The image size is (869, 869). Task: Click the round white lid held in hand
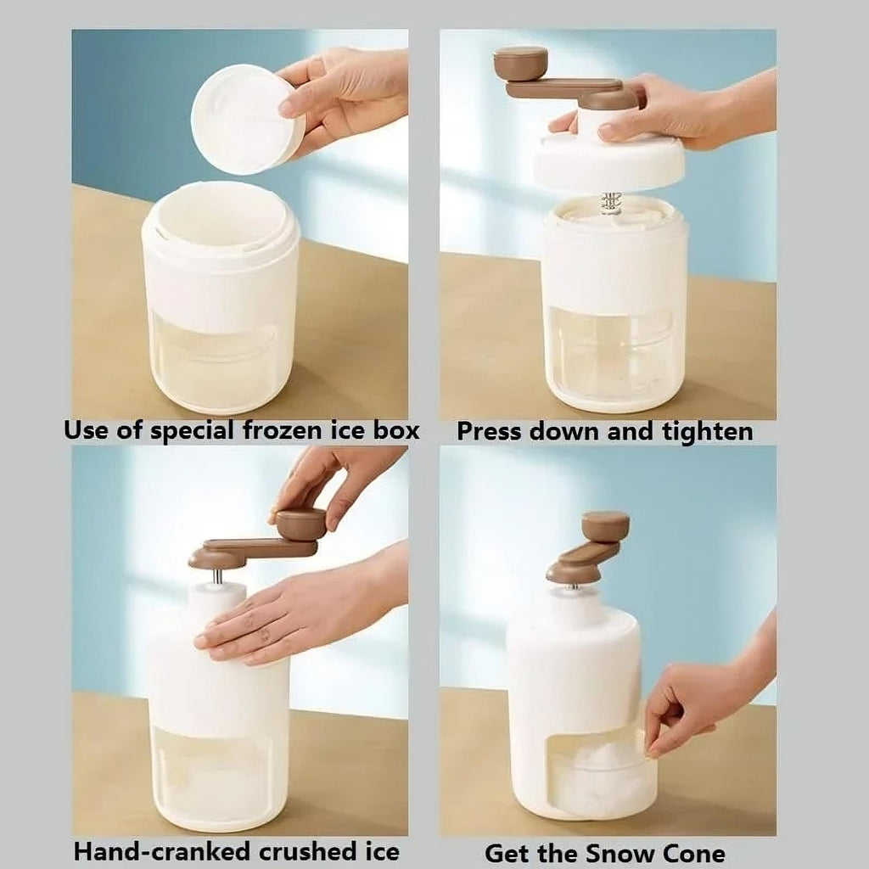[246, 119]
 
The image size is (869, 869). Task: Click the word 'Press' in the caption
[490, 431]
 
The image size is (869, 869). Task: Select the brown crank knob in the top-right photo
[520, 62]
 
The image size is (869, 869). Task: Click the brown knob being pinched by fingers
[301, 523]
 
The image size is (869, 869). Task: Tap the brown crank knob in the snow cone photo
[605, 526]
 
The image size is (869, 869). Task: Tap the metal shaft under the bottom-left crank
[218, 576]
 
